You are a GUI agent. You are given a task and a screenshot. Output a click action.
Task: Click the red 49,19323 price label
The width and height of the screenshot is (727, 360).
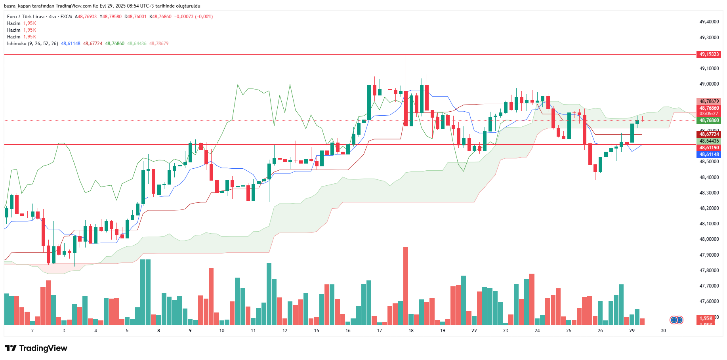point(708,54)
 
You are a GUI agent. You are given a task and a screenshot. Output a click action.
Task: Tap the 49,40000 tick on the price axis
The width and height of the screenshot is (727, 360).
point(709,22)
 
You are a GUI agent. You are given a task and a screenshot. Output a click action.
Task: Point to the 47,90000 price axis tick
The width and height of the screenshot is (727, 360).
point(709,255)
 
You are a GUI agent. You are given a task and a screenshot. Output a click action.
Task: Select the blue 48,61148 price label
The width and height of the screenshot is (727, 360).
point(708,154)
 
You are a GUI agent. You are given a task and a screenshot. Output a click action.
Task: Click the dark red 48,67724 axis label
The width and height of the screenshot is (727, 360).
point(708,134)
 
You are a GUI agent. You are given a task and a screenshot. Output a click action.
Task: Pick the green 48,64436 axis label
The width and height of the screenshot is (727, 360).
point(708,141)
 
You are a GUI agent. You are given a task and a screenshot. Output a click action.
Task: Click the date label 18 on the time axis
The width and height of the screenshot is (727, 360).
point(411,331)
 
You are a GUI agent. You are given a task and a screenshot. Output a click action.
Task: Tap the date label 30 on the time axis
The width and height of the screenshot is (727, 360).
point(663,331)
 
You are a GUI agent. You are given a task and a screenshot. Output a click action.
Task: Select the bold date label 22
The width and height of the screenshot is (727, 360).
point(474,331)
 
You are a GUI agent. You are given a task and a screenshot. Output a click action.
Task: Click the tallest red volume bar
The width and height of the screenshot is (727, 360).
point(406,285)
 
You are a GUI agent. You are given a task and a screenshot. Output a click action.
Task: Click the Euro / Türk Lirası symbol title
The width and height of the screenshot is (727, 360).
point(26,17)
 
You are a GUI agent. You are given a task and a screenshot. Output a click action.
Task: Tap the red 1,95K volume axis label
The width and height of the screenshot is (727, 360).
point(706,318)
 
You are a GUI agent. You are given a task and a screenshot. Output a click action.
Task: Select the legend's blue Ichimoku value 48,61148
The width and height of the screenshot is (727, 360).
point(71,44)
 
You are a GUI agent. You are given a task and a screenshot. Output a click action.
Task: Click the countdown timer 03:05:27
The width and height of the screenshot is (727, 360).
point(708,114)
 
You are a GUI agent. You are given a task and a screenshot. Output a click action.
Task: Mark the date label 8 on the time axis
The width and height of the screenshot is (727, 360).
point(158,331)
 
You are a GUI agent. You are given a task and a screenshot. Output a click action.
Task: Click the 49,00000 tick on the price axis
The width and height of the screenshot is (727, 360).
point(709,84)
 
